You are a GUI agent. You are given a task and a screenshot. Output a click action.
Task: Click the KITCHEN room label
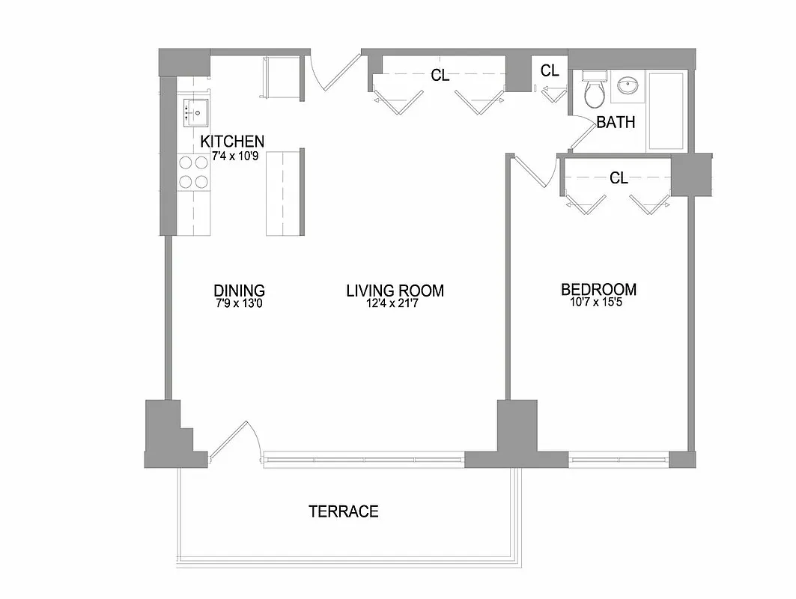[231, 142]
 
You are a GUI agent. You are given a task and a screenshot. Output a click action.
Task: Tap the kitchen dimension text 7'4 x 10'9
[231, 156]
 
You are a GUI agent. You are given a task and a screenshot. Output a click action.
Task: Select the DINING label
[239, 291]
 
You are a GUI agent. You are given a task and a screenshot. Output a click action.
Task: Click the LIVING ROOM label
[395, 291]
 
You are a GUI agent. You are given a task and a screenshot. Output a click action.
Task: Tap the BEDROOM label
[599, 290]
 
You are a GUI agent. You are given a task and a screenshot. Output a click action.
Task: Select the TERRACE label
[344, 511]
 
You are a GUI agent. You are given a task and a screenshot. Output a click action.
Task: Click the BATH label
[616, 122]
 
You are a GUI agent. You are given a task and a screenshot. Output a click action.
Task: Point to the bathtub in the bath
[666, 110]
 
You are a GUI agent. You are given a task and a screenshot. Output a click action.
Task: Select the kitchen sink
[195, 112]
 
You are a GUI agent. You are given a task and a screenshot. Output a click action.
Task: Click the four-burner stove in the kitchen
[193, 171]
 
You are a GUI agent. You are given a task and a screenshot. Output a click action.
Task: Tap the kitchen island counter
[282, 192]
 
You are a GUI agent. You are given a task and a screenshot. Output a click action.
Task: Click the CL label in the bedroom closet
[619, 178]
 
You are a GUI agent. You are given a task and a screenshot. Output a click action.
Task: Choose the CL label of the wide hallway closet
[440, 75]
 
